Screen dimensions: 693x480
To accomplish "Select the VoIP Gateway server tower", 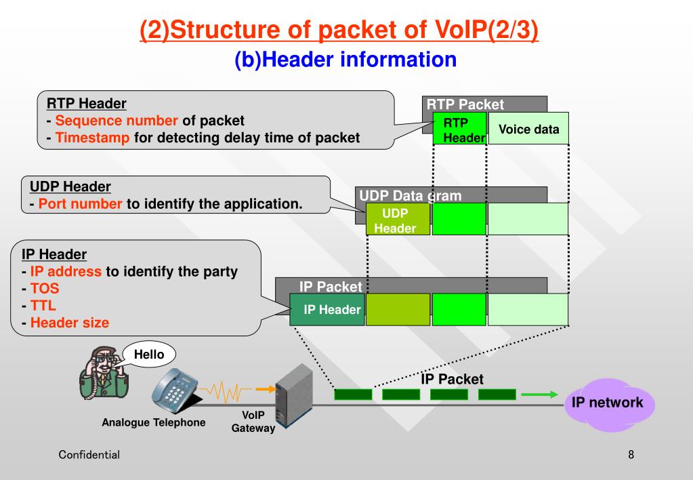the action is pyautogui.click(x=295, y=396).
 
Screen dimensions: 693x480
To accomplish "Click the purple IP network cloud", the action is pyautogui.click(x=610, y=404).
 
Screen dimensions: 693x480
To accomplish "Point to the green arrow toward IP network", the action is pyautogui.click(x=540, y=394).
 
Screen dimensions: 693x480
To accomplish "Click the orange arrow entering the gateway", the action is pyautogui.click(x=266, y=389).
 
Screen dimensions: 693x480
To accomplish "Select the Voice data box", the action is pyautogui.click(x=528, y=128).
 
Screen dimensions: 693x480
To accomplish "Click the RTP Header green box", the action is pyautogui.click(x=460, y=128).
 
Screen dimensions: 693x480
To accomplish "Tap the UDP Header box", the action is pyautogui.click(x=398, y=219).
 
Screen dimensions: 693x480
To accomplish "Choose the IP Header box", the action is pyautogui.click(x=327, y=309).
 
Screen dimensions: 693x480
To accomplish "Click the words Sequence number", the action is pyautogui.click(x=117, y=120).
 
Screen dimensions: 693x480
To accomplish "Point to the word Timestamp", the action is pyautogui.click(x=92, y=138).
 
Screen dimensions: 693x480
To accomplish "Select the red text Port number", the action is pyautogui.click(x=80, y=203).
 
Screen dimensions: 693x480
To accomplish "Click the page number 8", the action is pyautogui.click(x=631, y=454).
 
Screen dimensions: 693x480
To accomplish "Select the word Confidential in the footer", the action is pyautogui.click(x=89, y=454).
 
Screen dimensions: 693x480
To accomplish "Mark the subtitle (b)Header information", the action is pyautogui.click(x=345, y=59).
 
